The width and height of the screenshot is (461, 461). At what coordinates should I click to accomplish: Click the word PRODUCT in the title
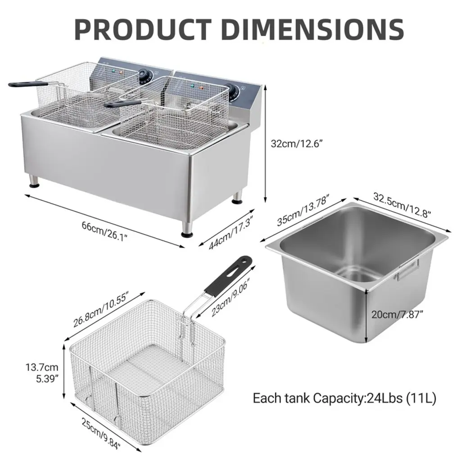pos(143,29)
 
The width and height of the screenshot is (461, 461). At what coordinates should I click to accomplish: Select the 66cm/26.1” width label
pos(104,231)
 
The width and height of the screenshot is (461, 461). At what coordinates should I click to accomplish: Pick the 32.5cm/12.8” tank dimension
pos(402,205)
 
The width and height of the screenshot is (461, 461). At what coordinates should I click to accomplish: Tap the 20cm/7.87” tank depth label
pos(397,314)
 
